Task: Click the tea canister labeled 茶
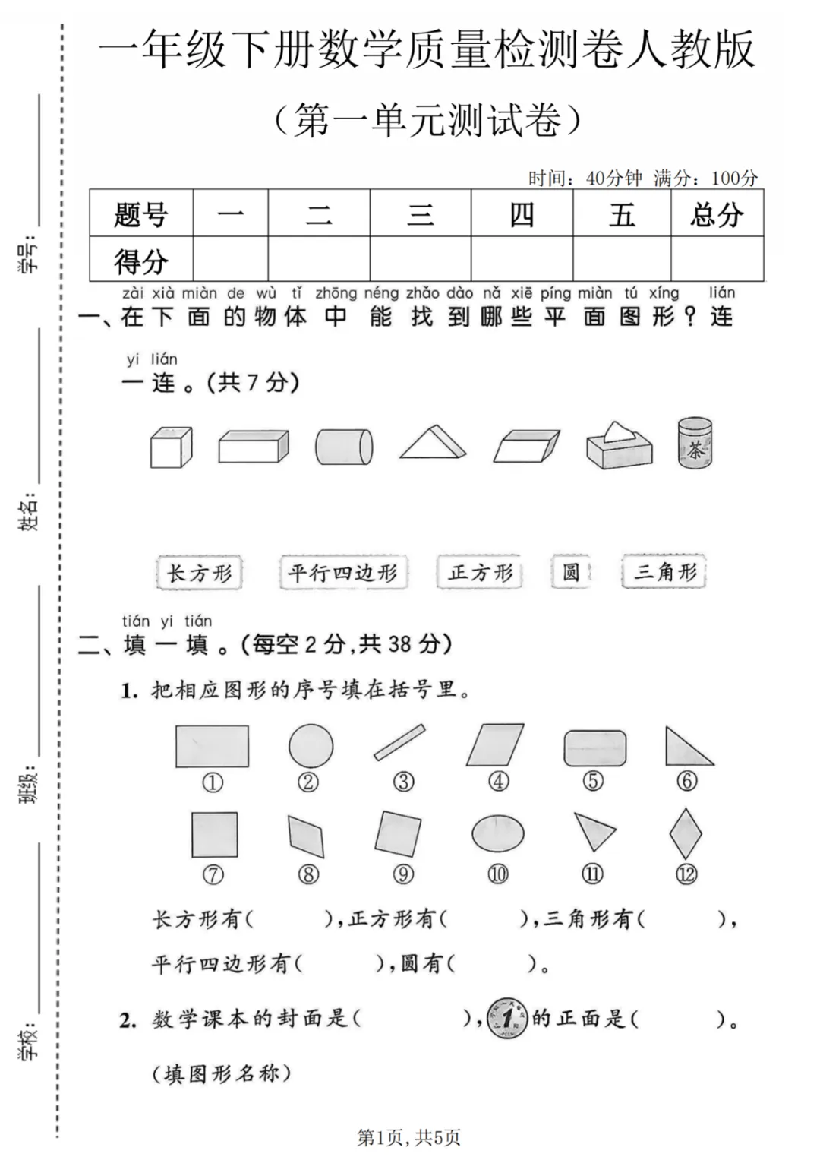coord(695,442)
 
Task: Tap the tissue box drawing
coord(619,447)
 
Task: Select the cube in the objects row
coord(171,447)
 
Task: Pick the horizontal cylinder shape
coord(344,447)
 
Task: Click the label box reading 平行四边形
coord(343,573)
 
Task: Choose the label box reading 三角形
coord(664,572)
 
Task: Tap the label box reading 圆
coord(571,572)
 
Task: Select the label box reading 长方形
coord(199,573)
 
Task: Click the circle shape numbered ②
coord(311,746)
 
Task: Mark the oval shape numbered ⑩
coord(497,834)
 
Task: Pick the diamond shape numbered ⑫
coord(686,834)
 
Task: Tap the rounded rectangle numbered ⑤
coord(594,748)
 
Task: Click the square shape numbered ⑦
coord(214,834)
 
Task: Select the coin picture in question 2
coord(506,1018)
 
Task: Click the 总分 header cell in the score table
coord(717,214)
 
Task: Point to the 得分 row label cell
coord(141,261)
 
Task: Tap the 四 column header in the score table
coord(522,214)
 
